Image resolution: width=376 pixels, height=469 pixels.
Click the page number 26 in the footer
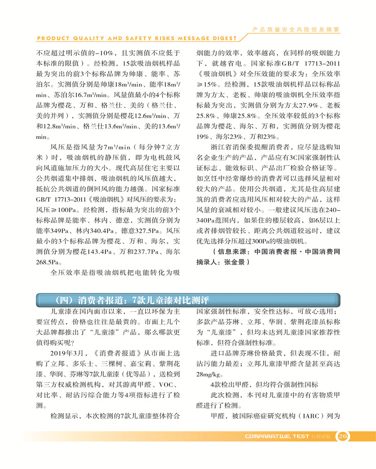coord(343,436)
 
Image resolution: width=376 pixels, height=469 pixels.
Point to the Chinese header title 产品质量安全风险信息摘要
coord(296,29)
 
